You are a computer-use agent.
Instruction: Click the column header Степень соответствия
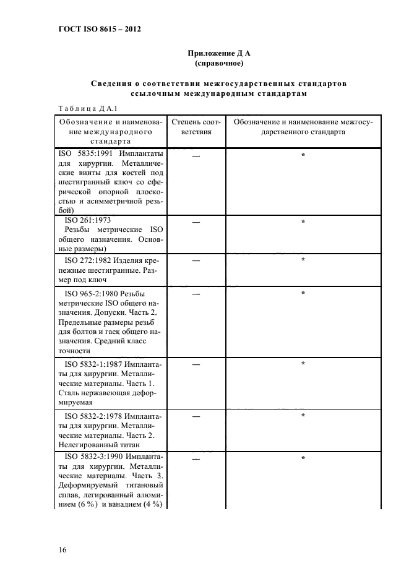[196, 127]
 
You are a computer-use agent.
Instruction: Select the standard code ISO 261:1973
[88, 220]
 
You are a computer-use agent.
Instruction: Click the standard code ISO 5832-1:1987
[93, 364]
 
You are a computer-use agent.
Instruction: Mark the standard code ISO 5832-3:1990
[93, 457]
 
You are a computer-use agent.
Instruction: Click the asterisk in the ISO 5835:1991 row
[303, 155]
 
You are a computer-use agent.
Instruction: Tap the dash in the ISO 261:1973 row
[196, 221]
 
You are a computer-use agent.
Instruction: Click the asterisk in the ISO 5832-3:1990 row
[303, 458]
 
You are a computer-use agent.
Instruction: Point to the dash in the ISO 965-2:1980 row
[196, 294]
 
